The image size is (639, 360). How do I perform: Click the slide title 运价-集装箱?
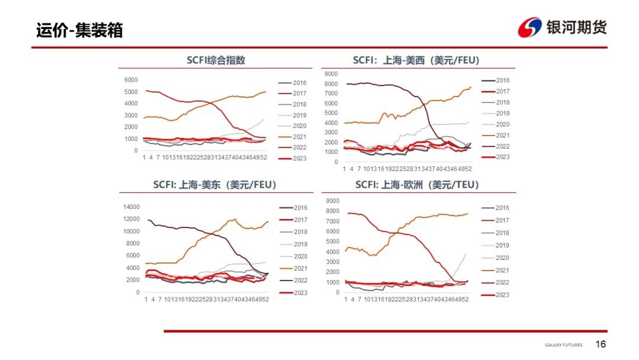pyautogui.click(x=79, y=30)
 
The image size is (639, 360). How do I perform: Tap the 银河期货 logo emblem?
pyautogui.click(x=530, y=27)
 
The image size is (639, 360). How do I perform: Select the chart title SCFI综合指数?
pyautogui.click(x=216, y=60)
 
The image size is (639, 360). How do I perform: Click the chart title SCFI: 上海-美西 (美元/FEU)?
pyautogui.click(x=416, y=60)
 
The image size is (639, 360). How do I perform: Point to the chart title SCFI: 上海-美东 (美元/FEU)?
pyautogui.click(x=215, y=185)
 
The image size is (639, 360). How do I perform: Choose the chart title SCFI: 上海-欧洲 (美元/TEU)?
pyautogui.click(x=417, y=185)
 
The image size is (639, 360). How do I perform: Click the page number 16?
pyautogui.click(x=601, y=345)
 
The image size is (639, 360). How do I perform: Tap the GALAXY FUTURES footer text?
pyautogui.click(x=563, y=345)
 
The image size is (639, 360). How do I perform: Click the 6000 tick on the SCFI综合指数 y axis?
pyautogui.click(x=131, y=80)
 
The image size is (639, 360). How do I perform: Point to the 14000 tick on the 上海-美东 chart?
pyautogui.click(x=131, y=207)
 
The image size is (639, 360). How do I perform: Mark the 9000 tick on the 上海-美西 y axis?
pyautogui.click(x=331, y=74)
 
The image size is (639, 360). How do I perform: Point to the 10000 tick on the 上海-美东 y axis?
pyautogui.click(x=131, y=231)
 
